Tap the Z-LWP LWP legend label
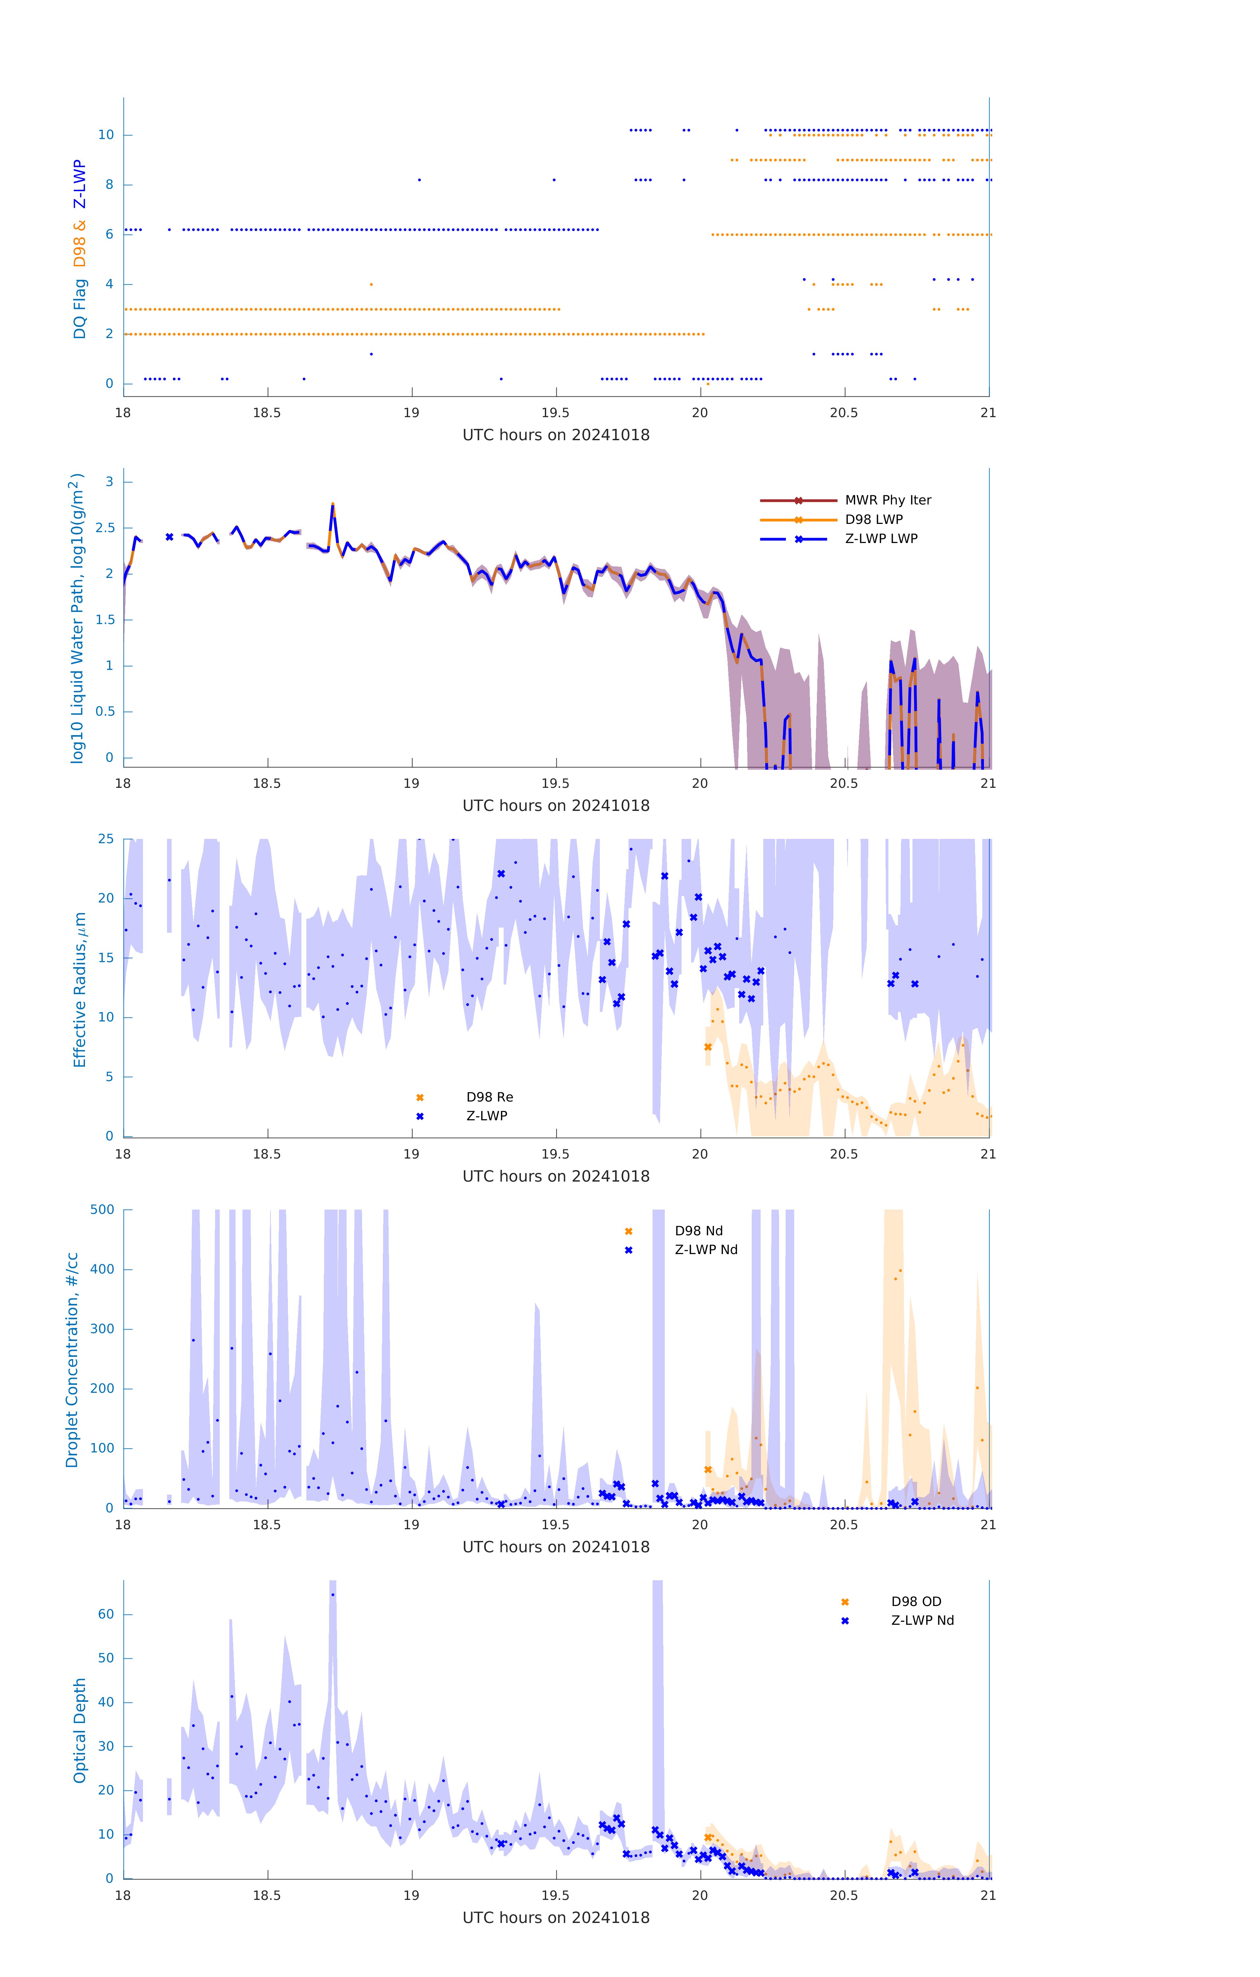(x=881, y=539)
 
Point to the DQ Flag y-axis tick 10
(x=106, y=135)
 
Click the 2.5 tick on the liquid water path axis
(x=105, y=528)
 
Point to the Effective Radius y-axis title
(x=80, y=989)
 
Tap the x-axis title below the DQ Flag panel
(x=556, y=435)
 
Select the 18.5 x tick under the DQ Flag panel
(x=267, y=413)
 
